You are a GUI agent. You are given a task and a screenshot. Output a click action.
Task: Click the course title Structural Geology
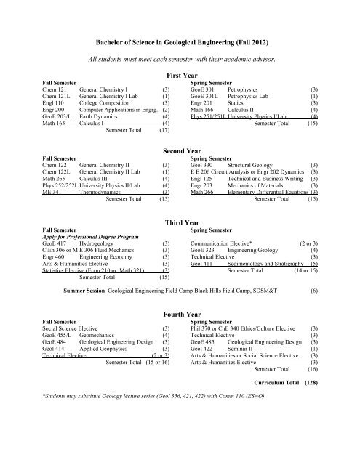point(253,164)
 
